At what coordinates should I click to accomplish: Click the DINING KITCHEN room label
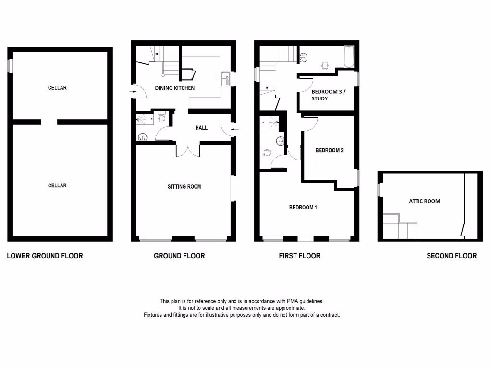pos(174,88)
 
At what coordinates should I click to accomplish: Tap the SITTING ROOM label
pos(184,186)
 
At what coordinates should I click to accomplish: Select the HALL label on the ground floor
pos(201,128)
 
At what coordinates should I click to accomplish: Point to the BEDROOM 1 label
pos(303,208)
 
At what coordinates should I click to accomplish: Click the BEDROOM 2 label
pos(329,150)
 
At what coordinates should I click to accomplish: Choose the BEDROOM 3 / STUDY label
pos(328,95)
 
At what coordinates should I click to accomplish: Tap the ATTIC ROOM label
pos(424,201)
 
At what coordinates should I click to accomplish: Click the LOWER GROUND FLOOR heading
pos(45,256)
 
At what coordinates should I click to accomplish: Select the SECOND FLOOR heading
pos(452,256)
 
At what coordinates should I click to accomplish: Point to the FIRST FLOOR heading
pos(299,256)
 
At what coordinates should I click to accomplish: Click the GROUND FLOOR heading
pos(179,256)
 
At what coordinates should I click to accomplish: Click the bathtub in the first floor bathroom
pos(349,57)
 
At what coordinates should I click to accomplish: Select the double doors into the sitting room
pos(187,149)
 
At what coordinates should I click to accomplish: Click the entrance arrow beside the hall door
pos(234,129)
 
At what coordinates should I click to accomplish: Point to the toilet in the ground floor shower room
pos(161,117)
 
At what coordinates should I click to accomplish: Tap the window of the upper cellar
pos(10,66)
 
